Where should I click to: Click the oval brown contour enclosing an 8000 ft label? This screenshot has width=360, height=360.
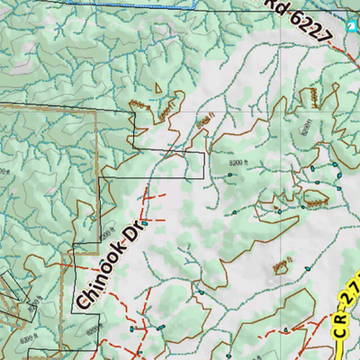click(314, 198)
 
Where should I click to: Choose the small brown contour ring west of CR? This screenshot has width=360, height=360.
click(281, 266)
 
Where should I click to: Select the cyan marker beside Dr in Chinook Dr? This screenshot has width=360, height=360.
click(144, 211)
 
